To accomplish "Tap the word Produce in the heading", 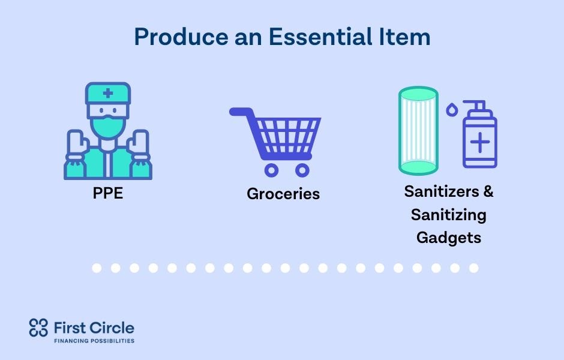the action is click(x=181, y=37).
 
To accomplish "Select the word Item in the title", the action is click(x=404, y=37).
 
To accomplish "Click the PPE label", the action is click(x=108, y=193).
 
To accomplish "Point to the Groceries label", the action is click(x=283, y=194).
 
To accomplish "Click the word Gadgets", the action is click(x=449, y=238).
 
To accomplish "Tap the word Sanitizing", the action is click(x=449, y=215).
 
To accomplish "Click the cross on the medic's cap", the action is click(x=108, y=94).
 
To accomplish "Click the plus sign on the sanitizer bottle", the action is click(x=480, y=142).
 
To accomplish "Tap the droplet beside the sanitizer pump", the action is click(x=452, y=110).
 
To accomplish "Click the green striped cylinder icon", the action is click(x=418, y=131).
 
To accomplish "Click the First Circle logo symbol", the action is click(x=38, y=328).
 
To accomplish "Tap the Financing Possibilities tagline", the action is click(x=94, y=341).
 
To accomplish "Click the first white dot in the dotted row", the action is click(x=97, y=268).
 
